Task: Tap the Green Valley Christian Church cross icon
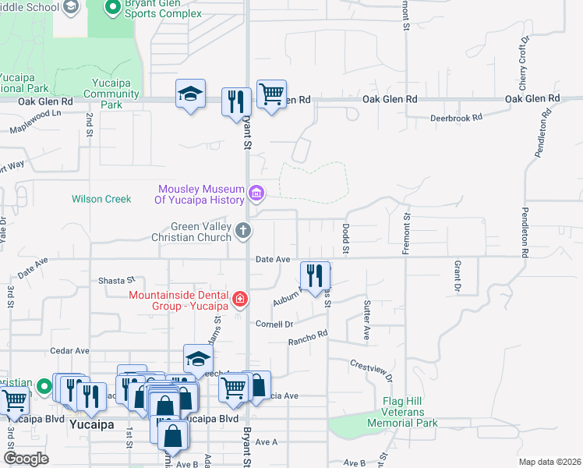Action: (x=244, y=230)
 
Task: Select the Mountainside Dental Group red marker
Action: (x=240, y=298)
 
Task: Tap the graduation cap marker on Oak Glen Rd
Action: (x=190, y=94)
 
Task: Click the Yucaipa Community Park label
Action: (x=111, y=94)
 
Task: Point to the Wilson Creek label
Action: (x=101, y=199)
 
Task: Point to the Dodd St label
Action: (x=345, y=239)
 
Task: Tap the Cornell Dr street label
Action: (x=274, y=324)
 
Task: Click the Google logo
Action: (x=26, y=458)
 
